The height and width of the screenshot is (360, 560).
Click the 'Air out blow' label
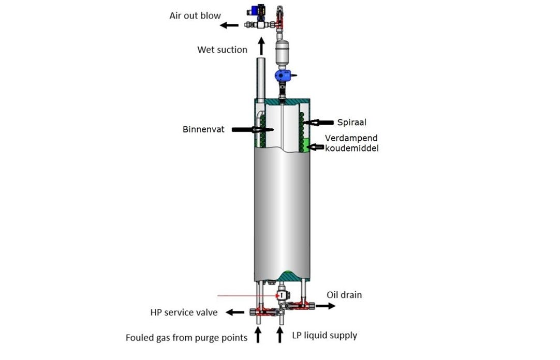[195, 16]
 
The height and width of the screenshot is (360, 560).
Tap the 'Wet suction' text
[222, 50]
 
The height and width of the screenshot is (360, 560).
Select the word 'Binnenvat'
[203, 129]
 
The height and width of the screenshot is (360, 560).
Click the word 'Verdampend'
[351, 139]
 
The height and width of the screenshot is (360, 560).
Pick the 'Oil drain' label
[344, 295]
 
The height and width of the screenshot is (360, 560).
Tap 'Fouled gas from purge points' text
[186, 338]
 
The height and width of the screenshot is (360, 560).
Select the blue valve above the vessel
[284, 77]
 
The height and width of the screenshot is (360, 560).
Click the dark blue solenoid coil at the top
[255, 11]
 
